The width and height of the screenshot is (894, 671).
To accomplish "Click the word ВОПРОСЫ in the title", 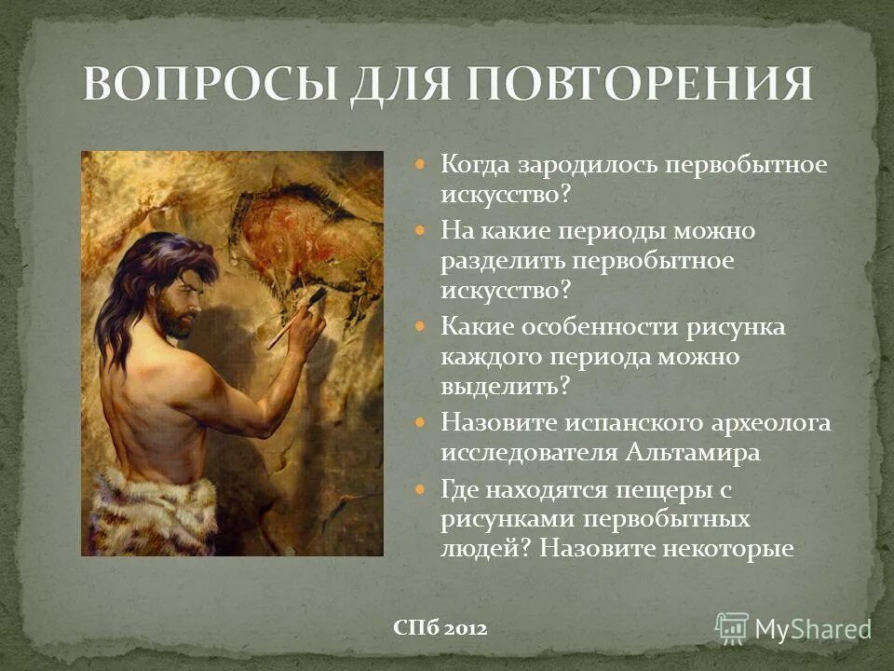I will click(209, 86).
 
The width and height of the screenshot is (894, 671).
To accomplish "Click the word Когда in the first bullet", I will click(475, 166).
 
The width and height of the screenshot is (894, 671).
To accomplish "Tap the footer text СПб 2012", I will click(440, 629).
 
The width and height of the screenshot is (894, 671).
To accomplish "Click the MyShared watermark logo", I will click(792, 628).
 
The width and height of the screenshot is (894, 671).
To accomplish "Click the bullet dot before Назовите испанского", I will click(420, 422).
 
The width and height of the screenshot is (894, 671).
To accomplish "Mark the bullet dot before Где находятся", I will click(420, 487).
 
